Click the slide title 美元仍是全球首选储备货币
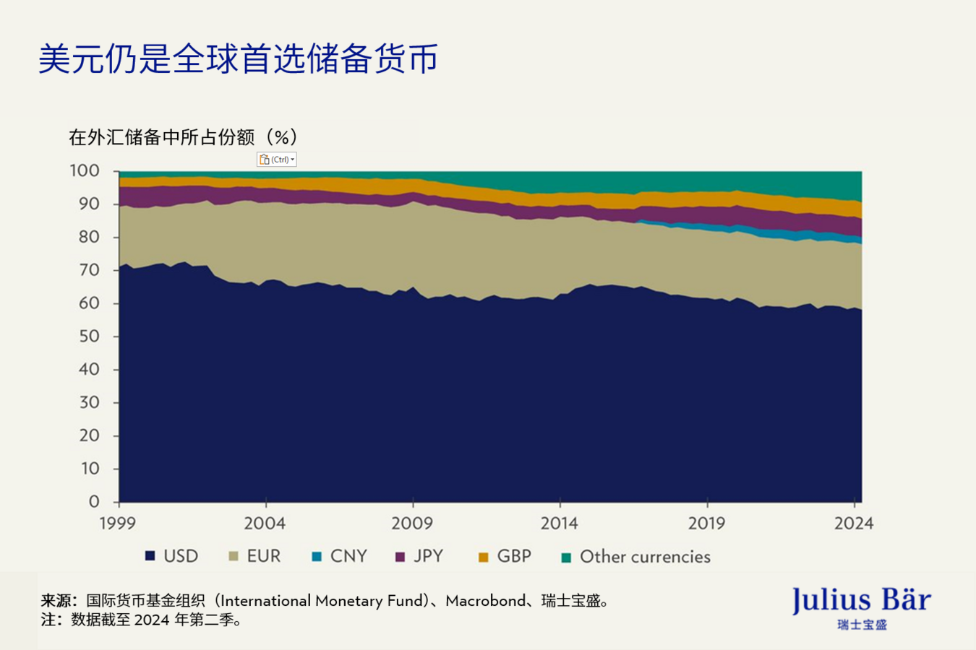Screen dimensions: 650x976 238,58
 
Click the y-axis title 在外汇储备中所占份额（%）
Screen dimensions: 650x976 183,137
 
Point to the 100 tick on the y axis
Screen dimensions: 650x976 85,171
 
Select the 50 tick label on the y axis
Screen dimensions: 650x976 89,337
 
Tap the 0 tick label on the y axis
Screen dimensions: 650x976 94,502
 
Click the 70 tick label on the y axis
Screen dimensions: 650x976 89,270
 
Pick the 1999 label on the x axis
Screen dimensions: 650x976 117,524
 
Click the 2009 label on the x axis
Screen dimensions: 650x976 412,524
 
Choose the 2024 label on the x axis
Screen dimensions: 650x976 854,524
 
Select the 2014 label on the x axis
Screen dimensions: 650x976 559,524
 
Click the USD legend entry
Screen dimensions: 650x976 172,556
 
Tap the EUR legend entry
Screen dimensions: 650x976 255,556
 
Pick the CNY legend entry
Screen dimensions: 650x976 340,556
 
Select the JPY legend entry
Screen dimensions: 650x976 420,556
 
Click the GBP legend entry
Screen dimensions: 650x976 505,556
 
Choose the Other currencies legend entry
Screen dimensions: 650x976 636,557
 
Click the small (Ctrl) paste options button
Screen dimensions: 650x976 277,160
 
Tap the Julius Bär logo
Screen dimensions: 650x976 861,607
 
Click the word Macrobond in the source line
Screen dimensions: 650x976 485,601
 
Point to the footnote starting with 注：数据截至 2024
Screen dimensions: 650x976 141,620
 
